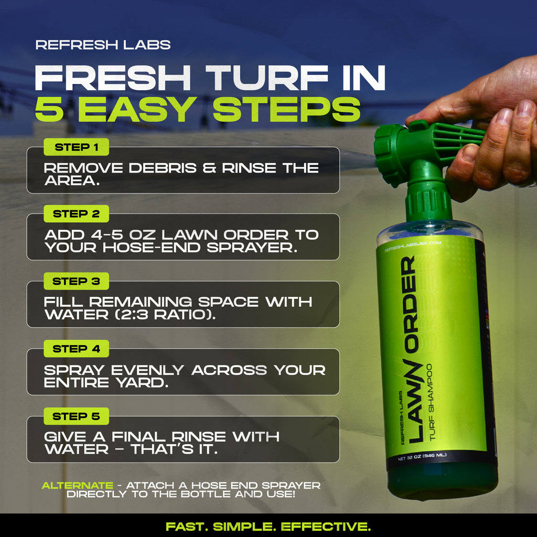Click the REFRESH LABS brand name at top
[103, 45]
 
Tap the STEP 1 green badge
[77, 147]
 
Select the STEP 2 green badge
[77, 214]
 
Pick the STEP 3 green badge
[77, 281]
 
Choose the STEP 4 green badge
[77, 349]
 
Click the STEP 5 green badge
[77, 416]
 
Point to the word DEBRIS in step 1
[163, 168]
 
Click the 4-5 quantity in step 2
[106, 235]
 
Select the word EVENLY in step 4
[147, 370]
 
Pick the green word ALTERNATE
[78, 485]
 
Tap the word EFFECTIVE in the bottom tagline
[326, 527]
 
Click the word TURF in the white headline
[267, 78]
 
